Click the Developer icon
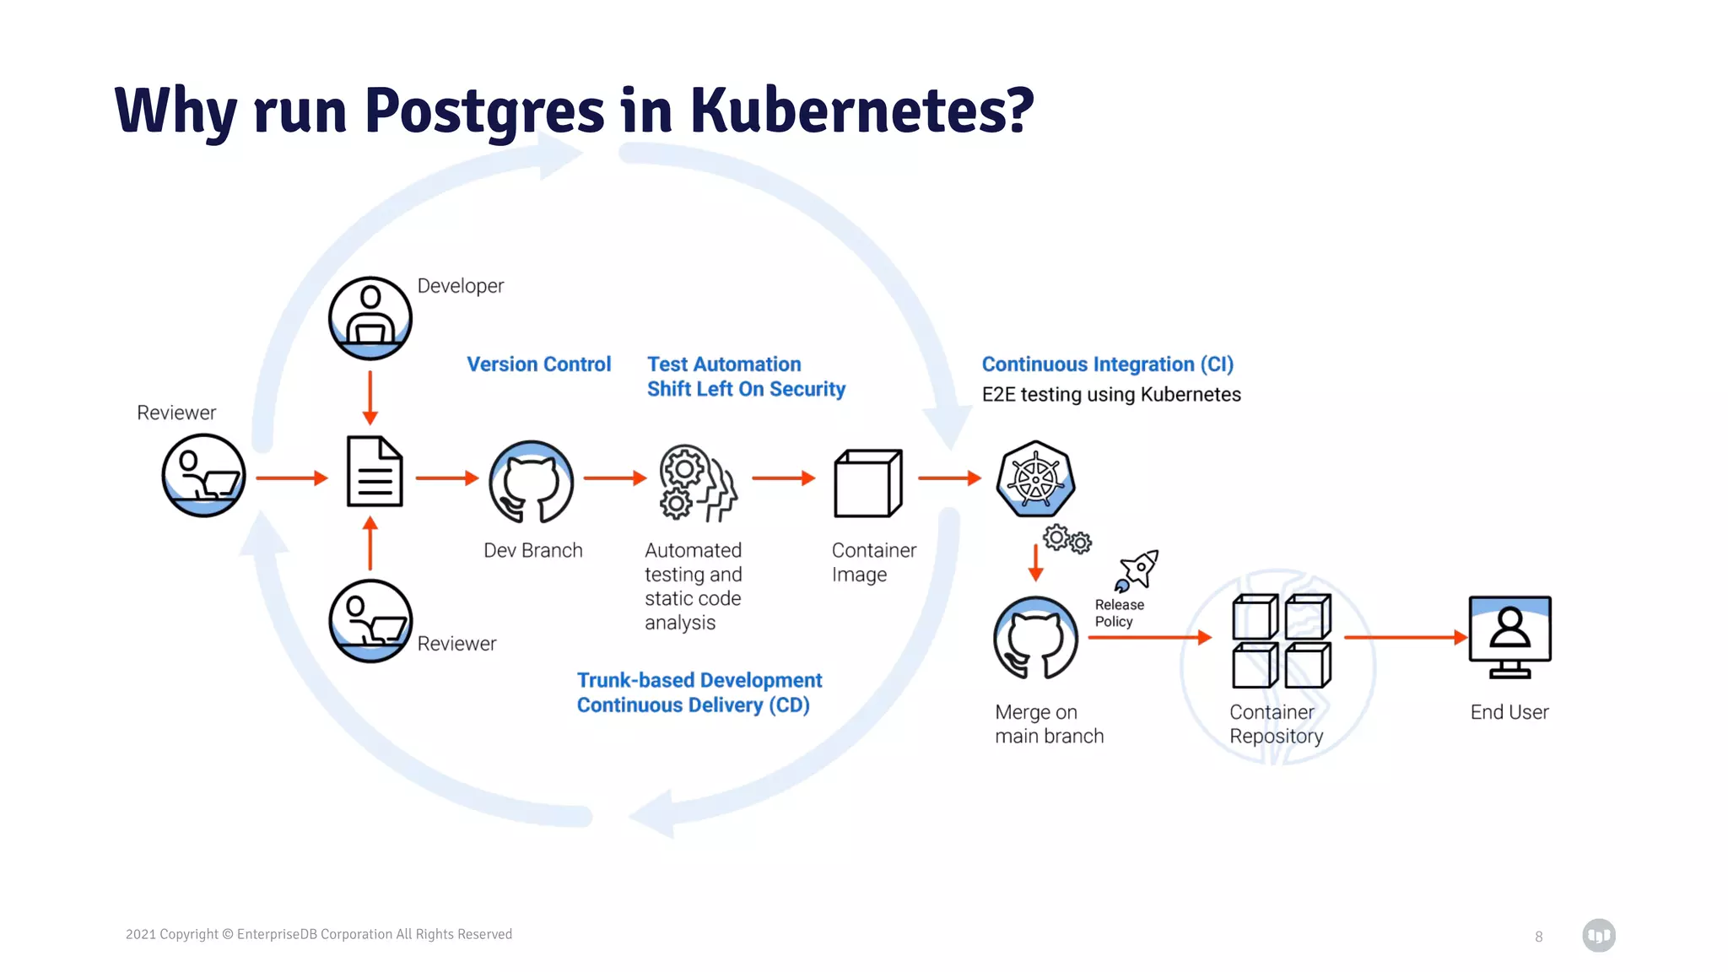tap(370, 318)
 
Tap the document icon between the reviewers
tap(375, 472)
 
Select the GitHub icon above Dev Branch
tap(532, 482)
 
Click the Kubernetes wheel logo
tap(1035, 478)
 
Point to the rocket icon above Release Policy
tap(1137, 571)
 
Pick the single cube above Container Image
tap(867, 483)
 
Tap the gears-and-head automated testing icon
tap(697, 483)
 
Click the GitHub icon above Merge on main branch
tap(1035, 638)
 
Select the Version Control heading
tap(538, 364)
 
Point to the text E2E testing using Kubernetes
tap(1110, 395)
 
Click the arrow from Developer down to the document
tap(370, 397)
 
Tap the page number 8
tap(1538, 937)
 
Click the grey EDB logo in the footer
tap(1598, 936)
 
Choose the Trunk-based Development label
tap(699, 680)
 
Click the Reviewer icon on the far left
tap(203, 475)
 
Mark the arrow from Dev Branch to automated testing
tap(614, 478)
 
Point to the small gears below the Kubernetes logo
tap(1066, 539)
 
